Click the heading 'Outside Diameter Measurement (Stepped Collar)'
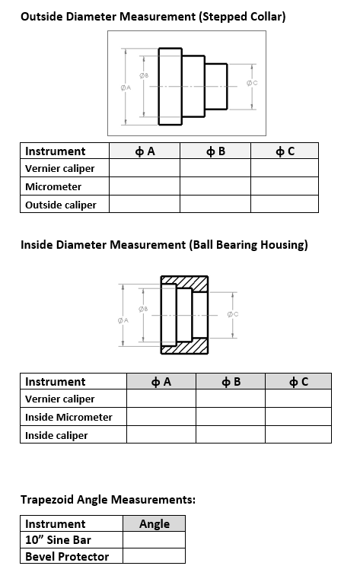(153, 16)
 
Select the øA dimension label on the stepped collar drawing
(126, 87)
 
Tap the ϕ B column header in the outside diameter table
(215, 151)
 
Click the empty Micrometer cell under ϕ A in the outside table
(145, 186)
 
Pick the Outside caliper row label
(61, 205)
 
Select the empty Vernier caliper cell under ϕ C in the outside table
(285, 168)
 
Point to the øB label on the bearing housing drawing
(143, 309)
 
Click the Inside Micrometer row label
(68, 417)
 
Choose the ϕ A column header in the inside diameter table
(161, 381)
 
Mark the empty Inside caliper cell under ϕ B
(231, 435)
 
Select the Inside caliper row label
(56, 435)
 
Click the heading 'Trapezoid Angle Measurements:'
(108, 500)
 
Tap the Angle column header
(154, 523)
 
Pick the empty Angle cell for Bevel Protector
(154, 556)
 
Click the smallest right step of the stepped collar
(217, 85)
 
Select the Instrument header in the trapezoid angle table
(56, 523)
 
